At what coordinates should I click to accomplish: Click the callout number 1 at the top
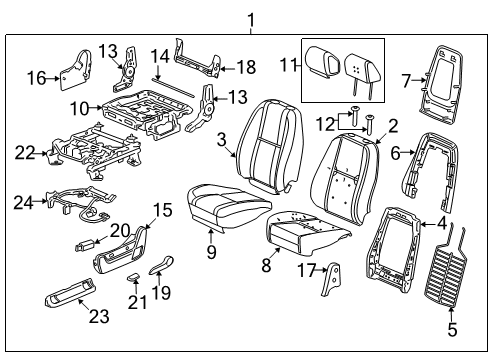coord(251,18)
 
